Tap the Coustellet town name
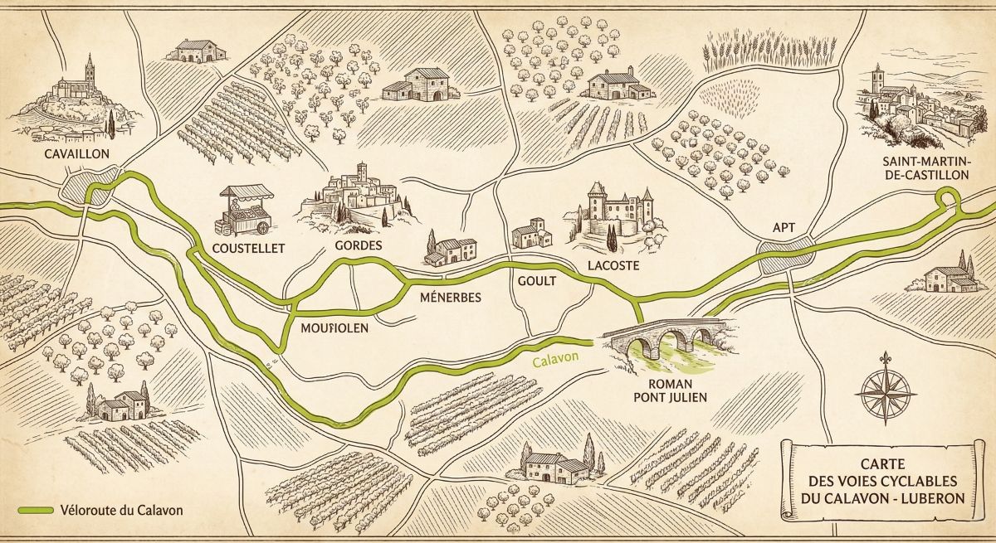pos(248,248)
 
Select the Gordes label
pos(358,246)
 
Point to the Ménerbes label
pos(451,297)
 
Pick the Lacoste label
pos(613,265)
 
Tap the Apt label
pos(784,225)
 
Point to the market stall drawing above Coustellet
pos(245,211)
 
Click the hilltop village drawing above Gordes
pos(358,198)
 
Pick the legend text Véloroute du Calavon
pos(120,510)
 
